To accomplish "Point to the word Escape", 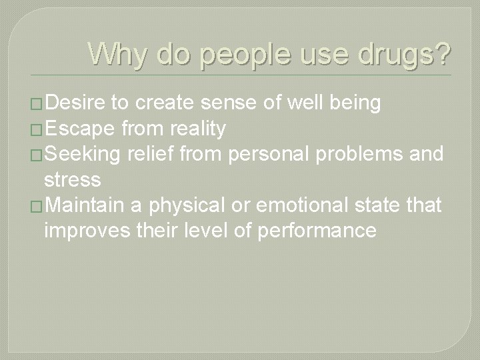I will (77, 129).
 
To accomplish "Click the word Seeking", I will (82, 154).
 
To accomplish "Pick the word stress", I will (72, 179).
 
